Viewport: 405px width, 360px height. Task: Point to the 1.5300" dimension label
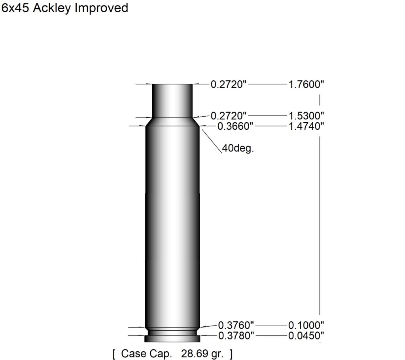click(306, 116)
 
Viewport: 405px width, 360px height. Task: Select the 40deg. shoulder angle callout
click(237, 150)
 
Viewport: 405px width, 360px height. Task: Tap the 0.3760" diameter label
click(236, 325)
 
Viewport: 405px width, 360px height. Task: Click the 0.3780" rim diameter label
click(236, 336)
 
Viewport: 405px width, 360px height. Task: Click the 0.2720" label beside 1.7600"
click(229, 84)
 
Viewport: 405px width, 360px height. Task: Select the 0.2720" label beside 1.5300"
click(229, 116)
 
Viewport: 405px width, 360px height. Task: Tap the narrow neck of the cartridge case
click(172, 100)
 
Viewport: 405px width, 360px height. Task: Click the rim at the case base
click(172, 339)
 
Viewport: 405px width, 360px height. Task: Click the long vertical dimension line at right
click(320, 222)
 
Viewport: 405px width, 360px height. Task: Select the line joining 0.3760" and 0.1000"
click(270, 325)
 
